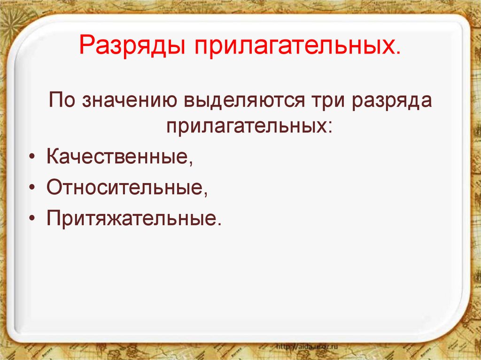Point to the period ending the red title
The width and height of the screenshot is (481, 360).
pos(398,53)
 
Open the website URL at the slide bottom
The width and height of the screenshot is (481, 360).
pos(308,346)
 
